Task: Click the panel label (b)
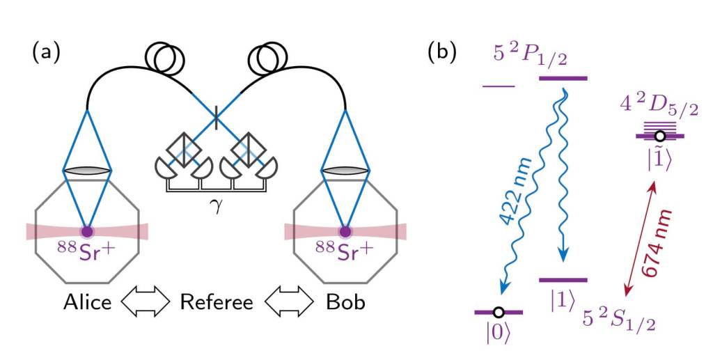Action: [443, 54]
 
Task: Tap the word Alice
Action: [88, 304]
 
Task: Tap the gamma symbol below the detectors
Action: [216, 205]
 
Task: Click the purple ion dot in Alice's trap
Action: [87, 231]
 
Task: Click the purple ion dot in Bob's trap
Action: [344, 231]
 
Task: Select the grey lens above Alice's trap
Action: [87, 171]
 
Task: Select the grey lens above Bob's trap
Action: [344, 171]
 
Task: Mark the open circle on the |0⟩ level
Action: [499, 312]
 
